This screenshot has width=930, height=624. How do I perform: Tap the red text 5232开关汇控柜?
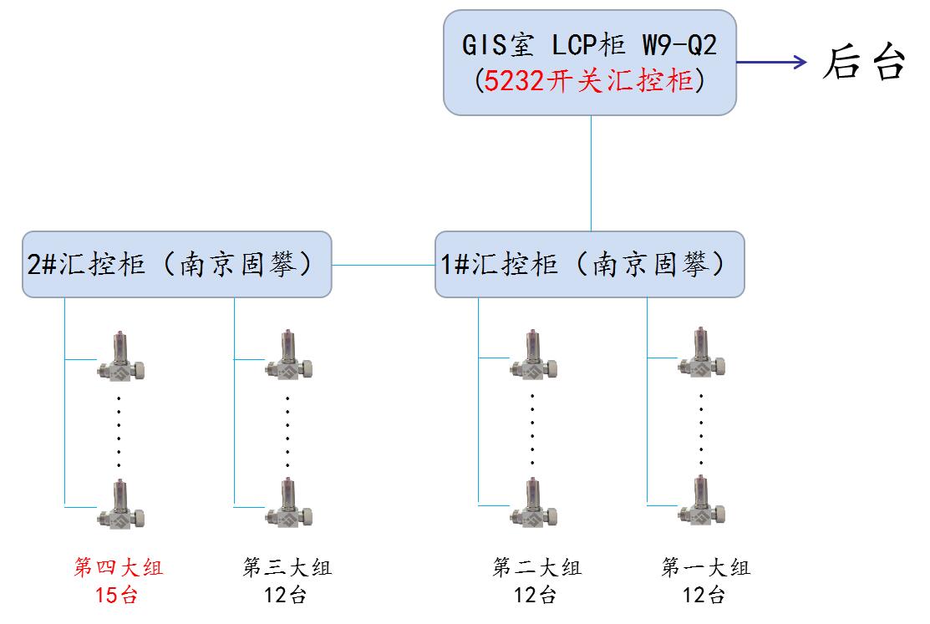589,82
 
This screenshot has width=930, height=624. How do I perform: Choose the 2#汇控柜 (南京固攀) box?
176,264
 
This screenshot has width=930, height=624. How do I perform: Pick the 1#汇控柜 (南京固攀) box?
589,264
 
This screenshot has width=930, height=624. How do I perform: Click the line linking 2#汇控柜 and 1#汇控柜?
384,266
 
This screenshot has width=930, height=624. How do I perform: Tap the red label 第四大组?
119,568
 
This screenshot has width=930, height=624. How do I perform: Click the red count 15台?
119,596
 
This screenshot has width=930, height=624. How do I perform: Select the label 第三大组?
287,568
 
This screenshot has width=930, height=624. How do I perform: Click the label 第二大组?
536,568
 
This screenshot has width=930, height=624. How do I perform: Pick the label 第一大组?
705,568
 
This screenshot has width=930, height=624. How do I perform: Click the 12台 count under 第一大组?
705,596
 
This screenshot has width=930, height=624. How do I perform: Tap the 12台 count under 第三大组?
287,596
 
